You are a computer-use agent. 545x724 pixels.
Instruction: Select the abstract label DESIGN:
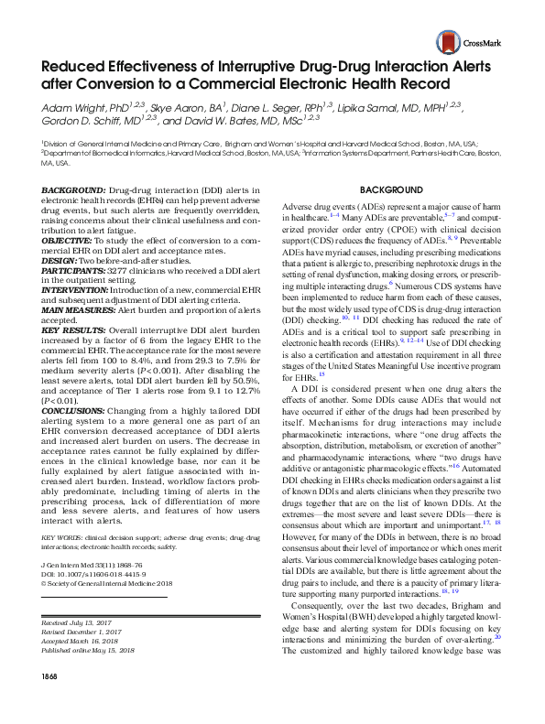pyautogui.click(x=59, y=259)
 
